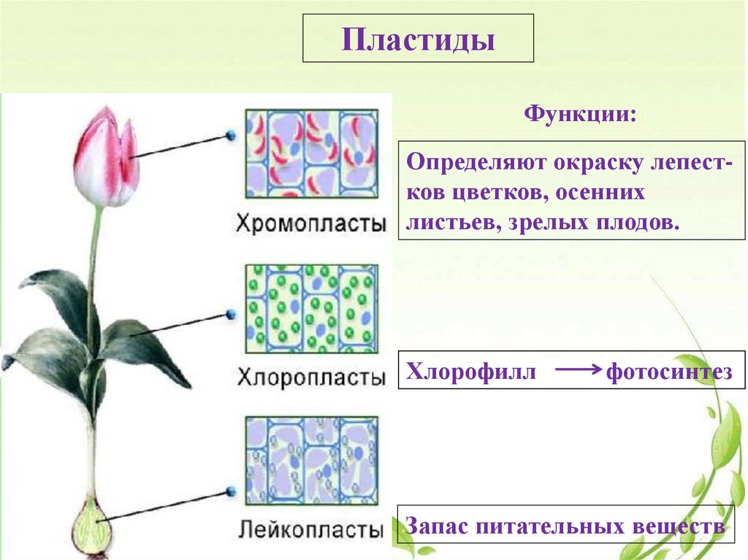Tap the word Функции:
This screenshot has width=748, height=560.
coord(581,115)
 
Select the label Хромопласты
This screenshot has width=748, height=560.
coord(311,223)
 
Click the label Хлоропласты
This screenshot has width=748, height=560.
coord(311,378)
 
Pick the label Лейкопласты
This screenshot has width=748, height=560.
coord(311,528)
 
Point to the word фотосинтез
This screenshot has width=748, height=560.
coord(668,372)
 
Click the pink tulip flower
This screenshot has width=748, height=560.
coord(107,157)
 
